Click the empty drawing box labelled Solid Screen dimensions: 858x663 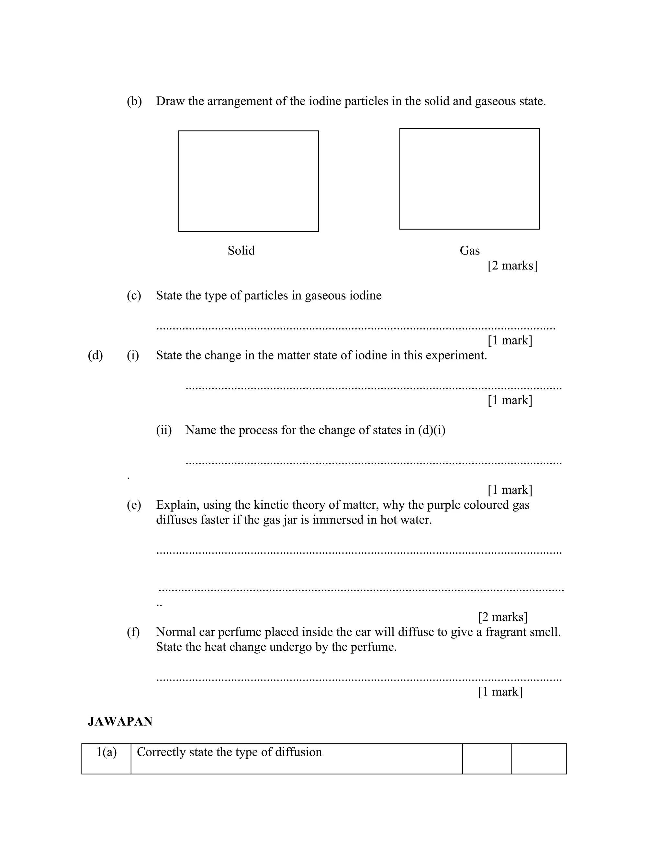point(248,181)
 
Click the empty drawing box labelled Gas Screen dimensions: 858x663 point(469,179)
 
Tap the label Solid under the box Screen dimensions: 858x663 point(241,251)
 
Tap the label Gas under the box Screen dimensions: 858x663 point(469,251)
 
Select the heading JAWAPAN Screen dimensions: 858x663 point(120,721)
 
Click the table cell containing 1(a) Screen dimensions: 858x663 point(107,758)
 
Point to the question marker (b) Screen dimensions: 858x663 point(134,101)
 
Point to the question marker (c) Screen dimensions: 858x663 point(134,295)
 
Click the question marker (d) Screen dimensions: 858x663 point(95,356)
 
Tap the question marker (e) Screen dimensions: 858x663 point(134,505)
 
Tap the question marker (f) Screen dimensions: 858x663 point(133,632)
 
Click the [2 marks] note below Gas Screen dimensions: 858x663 point(512,266)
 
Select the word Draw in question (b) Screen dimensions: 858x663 point(170,101)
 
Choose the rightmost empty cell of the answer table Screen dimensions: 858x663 point(538,758)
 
